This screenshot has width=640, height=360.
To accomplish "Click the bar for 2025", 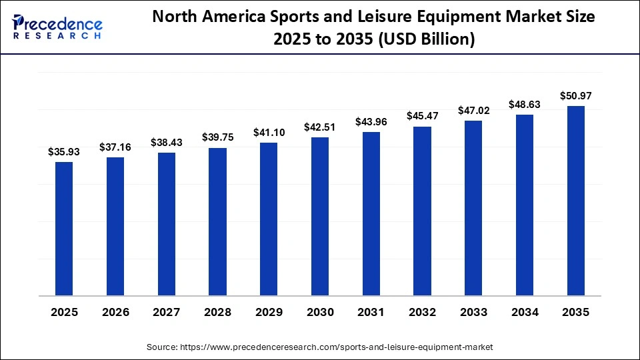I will coord(64,229).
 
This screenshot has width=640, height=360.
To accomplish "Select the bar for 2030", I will coord(320,216).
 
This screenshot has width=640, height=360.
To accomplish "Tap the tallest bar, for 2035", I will coord(575,200).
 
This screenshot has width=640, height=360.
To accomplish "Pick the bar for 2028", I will coord(217,221).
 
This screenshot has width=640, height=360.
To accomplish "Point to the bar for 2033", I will coord(473,208).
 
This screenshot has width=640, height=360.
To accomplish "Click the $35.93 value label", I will coord(64,152).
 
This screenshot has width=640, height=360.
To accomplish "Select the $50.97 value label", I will coord(575,96).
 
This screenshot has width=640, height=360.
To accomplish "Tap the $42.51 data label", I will coord(320,127).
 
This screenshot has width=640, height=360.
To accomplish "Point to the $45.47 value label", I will coord(422,116).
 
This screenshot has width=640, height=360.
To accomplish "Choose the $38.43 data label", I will coord(166,143).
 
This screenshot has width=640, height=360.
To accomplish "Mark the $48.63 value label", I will coord(525,104).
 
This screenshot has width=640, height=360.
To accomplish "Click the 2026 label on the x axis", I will coord(115,312).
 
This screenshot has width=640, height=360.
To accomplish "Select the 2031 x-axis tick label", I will coord(371,312).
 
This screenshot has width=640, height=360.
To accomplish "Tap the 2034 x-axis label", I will coord(525,312).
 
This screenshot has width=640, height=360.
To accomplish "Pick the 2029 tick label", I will coord(269,312).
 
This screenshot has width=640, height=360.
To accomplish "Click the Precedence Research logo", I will coord(57,27).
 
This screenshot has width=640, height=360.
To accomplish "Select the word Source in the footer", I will coord(162,347).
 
